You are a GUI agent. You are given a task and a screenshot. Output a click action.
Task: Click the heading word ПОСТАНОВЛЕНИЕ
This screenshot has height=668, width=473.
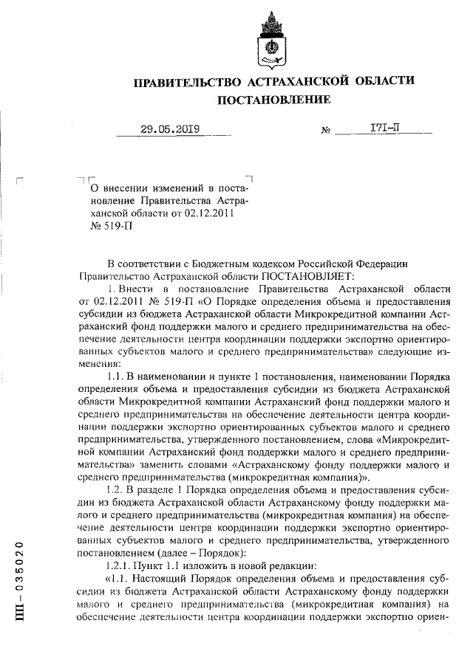click(273, 100)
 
